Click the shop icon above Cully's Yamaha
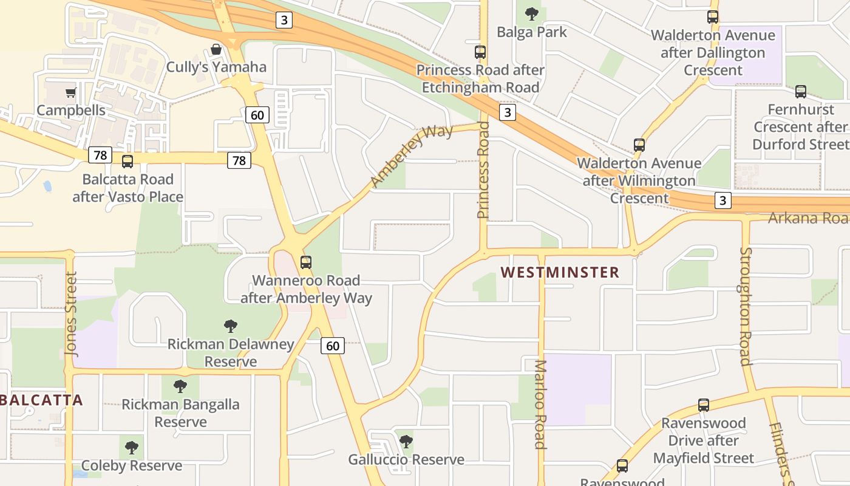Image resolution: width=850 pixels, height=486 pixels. tap(216, 49)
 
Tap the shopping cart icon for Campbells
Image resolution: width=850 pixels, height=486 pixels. tap(71, 93)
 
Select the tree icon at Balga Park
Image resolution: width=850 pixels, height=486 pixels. tap(532, 14)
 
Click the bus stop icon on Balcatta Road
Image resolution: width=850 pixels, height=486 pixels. tap(127, 162)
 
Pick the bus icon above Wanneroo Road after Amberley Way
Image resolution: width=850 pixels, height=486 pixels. tap(306, 262)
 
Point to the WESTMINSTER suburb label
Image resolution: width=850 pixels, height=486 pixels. tap(560, 272)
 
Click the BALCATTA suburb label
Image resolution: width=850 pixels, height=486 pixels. tap(42, 400)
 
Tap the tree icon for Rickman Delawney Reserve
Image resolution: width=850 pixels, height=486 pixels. tap(231, 326)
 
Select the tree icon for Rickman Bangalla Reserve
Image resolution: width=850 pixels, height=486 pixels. tap(180, 386)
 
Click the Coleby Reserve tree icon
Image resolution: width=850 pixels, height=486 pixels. tap(132, 448)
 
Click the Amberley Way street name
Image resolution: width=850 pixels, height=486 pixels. tap(412, 156)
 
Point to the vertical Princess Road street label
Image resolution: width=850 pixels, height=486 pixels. tap(483, 170)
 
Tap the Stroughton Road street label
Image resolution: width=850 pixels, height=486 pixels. tap(746, 307)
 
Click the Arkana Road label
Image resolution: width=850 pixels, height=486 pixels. tap(807, 218)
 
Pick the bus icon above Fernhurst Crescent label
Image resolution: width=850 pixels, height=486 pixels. tap(801, 92)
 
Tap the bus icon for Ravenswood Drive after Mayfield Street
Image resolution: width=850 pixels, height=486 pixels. tap(703, 405)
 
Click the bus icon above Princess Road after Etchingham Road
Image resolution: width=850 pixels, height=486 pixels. tap(480, 52)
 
